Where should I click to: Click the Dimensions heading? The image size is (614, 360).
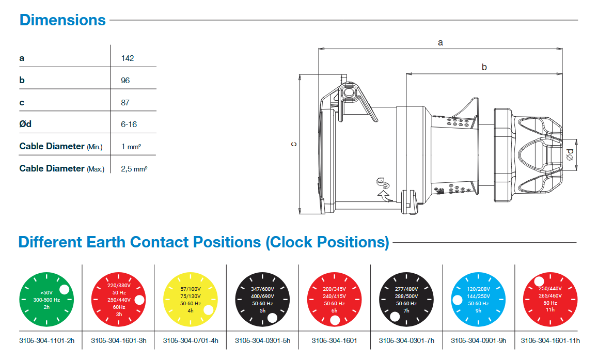click(62, 20)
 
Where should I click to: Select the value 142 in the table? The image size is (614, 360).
click(127, 58)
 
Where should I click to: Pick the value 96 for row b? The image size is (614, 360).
click(125, 81)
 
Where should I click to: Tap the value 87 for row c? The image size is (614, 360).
click(125, 103)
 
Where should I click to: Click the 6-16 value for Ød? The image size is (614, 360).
click(129, 124)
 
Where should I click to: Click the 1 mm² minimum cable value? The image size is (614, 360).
click(131, 147)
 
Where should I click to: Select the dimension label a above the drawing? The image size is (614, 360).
click(440, 43)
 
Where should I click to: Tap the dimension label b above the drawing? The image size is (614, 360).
click(484, 67)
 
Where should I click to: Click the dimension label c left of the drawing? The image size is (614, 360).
click(293, 144)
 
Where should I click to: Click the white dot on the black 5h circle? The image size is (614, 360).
click(273, 317)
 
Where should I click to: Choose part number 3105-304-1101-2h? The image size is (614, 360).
click(46, 341)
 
